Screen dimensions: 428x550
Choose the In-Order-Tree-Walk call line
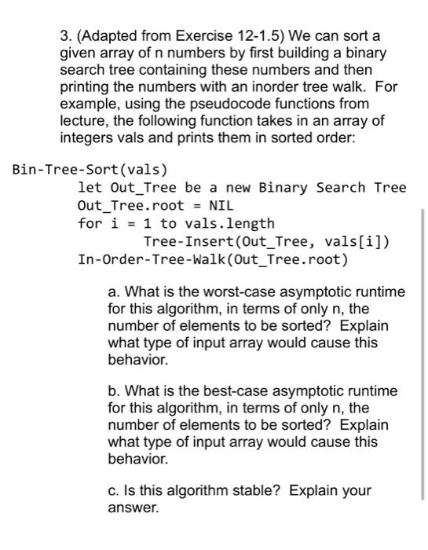pos(213,260)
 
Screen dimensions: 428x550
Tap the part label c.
pos(112,491)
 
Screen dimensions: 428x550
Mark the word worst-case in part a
pos(218,292)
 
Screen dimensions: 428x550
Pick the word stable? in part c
pos(259,491)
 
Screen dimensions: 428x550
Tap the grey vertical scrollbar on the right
pos(423,354)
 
